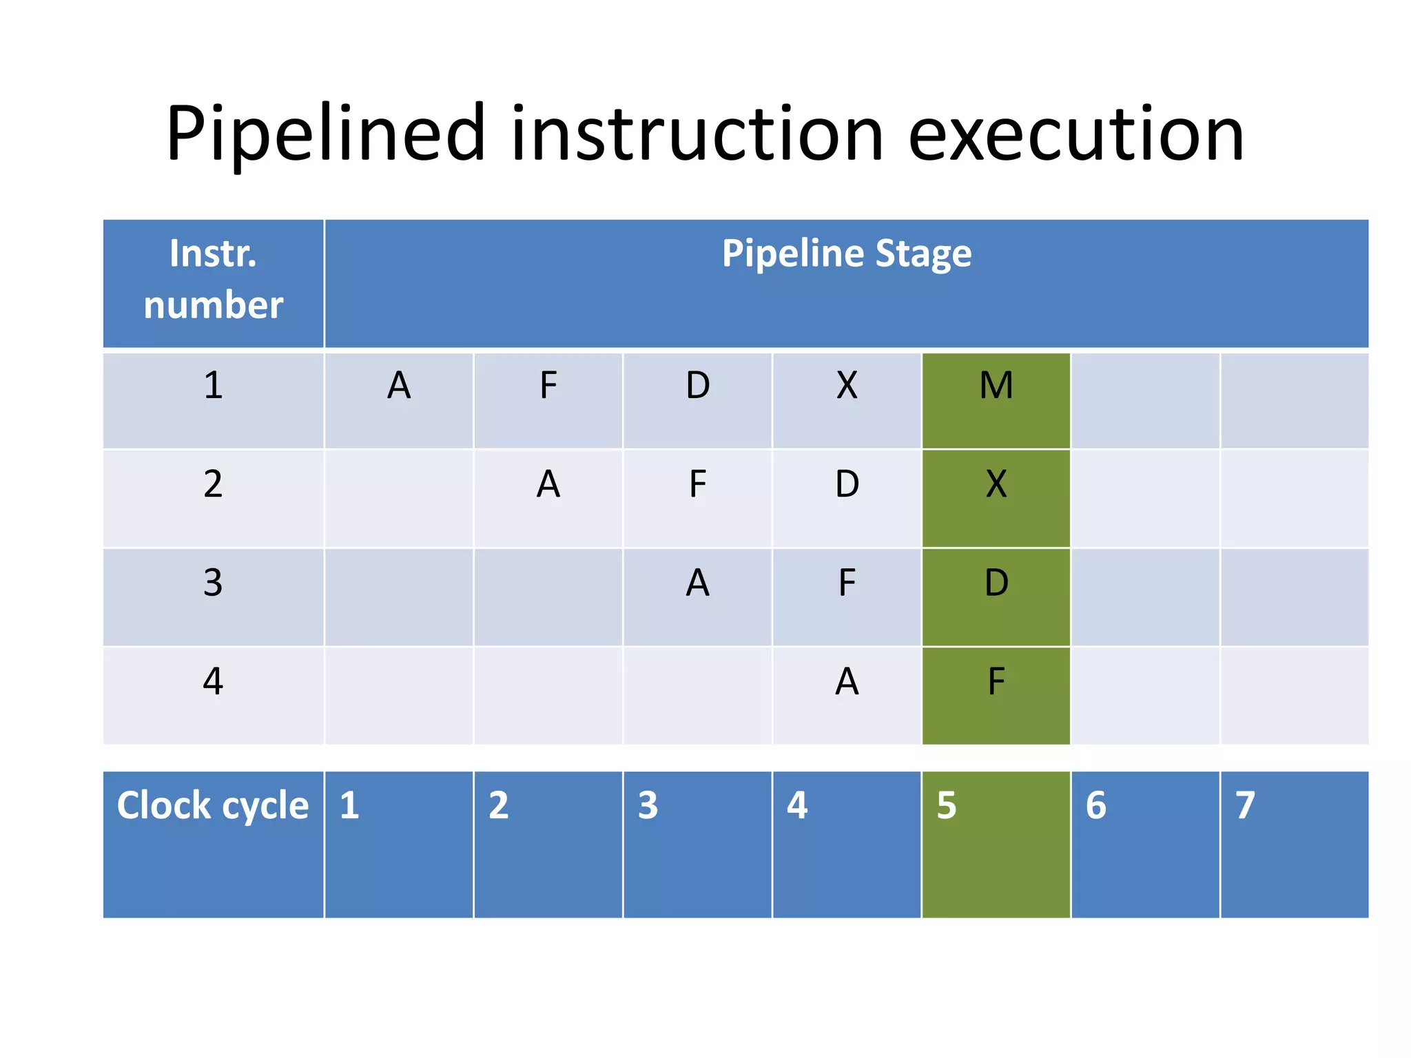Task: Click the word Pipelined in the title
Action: coord(325,134)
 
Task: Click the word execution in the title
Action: coord(1075,134)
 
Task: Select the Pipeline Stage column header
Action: coord(846,253)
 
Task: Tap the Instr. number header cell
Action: coord(213,280)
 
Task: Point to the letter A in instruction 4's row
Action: coord(846,682)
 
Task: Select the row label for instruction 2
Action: coord(213,485)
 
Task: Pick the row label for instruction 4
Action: coord(213,682)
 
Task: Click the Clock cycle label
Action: coord(213,805)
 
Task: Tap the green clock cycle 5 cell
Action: coord(996,844)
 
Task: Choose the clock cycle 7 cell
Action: coord(1294,844)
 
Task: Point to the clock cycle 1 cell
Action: coord(399,844)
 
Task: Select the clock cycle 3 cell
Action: coord(697,844)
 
